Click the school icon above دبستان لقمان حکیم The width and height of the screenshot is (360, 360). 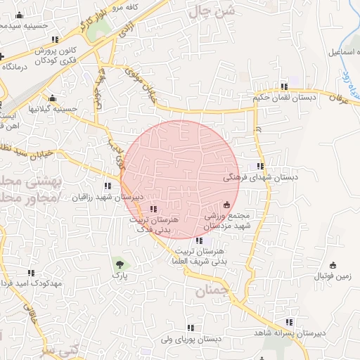(284, 86)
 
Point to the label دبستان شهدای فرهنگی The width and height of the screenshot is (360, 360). (260, 178)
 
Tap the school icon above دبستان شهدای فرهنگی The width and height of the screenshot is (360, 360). (261, 167)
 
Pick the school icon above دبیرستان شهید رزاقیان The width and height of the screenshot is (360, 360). (108, 186)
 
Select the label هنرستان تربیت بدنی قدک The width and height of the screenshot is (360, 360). (153, 224)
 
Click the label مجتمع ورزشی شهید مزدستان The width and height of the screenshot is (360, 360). (227, 221)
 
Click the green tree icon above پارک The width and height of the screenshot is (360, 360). (120, 264)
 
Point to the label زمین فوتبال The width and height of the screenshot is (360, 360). (333, 277)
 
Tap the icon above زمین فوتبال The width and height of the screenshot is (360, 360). (333, 265)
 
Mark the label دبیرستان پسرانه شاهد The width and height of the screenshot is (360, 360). (289, 333)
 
